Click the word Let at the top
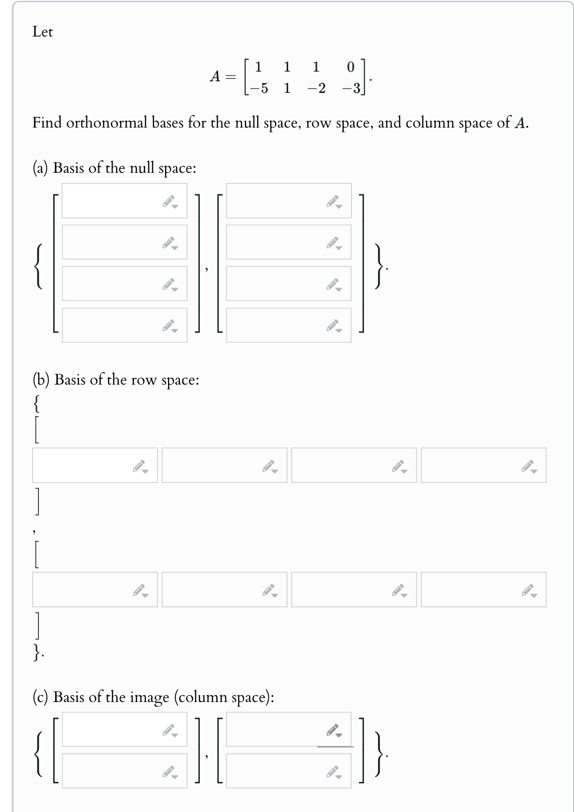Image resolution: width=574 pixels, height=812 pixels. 43,32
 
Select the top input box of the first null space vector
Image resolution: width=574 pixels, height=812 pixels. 112,201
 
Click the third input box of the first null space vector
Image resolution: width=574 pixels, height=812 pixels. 112,283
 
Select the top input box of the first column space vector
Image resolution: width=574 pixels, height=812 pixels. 112,729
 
